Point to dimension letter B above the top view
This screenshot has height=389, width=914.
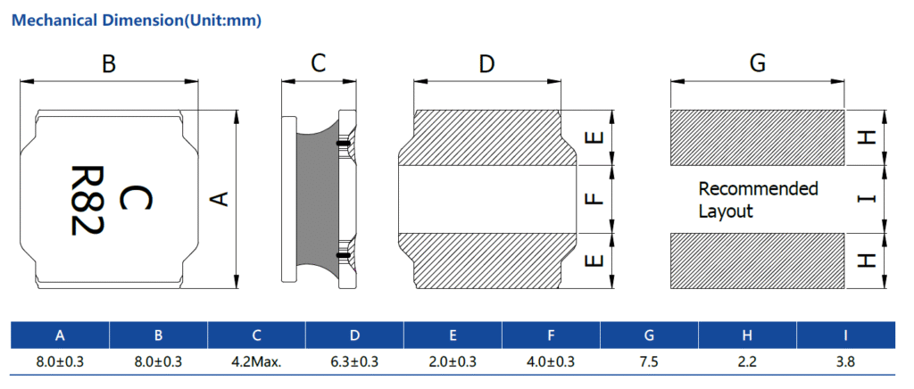(x=109, y=64)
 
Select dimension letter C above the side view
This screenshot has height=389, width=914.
(x=318, y=64)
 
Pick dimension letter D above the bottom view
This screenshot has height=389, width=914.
(x=486, y=64)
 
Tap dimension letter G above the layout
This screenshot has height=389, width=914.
(x=758, y=64)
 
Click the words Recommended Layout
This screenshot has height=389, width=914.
(x=757, y=200)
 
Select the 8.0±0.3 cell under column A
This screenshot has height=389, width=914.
(x=60, y=361)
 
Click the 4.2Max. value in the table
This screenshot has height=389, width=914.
(x=256, y=361)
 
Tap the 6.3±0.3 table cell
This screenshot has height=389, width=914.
(x=354, y=361)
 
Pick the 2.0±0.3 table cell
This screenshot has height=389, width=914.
(x=453, y=361)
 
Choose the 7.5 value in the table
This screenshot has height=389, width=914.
(x=649, y=361)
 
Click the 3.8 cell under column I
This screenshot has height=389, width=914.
(x=845, y=361)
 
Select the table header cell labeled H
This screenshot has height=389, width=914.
(x=747, y=335)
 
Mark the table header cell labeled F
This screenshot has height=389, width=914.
(x=551, y=335)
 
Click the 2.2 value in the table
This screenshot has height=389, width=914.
(x=747, y=361)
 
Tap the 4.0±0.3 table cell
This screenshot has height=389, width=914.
(x=551, y=361)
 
